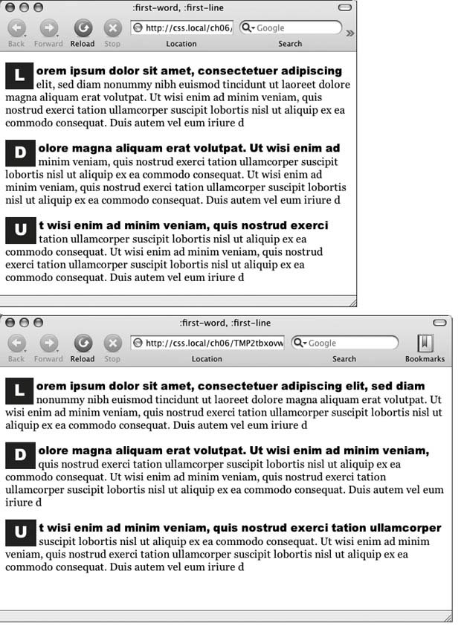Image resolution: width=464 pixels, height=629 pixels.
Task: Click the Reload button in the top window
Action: (x=83, y=29)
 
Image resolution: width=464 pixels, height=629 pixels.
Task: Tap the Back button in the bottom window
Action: (x=16, y=343)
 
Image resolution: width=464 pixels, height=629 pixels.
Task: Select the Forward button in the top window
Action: (x=48, y=29)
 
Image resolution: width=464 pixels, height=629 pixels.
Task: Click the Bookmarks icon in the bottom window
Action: (x=425, y=343)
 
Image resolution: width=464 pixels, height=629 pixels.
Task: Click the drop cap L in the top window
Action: (x=19, y=74)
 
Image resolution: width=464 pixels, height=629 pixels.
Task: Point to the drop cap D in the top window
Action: (x=20, y=153)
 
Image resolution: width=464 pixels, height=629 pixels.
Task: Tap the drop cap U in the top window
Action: (x=20, y=230)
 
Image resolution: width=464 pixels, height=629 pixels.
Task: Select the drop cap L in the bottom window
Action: (x=19, y=390)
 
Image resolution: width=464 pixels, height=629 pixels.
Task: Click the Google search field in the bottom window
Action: (x=349, y=343)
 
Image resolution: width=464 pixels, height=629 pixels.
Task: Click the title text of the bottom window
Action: (x=225, y=323)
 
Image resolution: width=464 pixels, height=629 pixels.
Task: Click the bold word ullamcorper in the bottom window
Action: (x=405, y=528)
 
